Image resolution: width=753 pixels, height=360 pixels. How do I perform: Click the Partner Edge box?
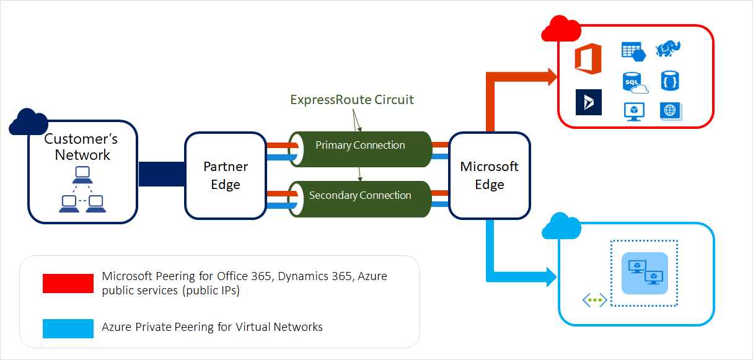[x=226, y=175]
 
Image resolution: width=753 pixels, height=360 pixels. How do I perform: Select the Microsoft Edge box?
[x=489, y=175]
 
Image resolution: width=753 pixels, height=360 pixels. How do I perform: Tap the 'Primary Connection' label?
[x=360, y=146]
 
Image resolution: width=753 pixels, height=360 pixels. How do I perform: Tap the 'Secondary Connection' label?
[x=360, y=196]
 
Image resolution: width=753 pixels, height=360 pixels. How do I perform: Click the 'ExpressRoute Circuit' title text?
[x=351, y=100]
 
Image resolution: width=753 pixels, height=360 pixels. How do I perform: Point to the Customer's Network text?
[x=82, y=147]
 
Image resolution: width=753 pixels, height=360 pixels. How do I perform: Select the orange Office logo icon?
[x=588, y=59]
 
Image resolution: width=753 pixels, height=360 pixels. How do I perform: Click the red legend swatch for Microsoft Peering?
[x=68, y=283]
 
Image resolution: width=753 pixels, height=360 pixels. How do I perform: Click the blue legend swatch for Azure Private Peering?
[x=68, y=327]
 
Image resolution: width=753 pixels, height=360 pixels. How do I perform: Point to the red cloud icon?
[x=560, y=29]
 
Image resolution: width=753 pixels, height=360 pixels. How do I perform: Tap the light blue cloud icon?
[x=561, y=227]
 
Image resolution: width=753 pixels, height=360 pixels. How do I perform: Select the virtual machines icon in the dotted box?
[x=645, y=273]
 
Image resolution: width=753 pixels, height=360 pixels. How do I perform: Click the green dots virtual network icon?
[x=594, y=301]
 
